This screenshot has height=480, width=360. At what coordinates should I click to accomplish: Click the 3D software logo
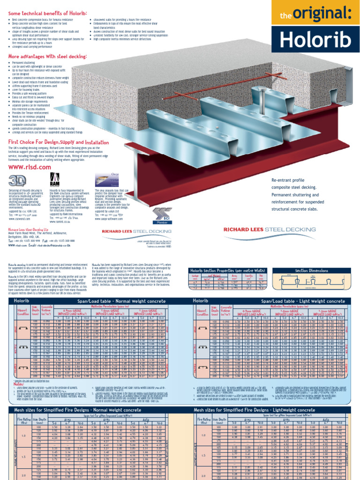pos(16,180)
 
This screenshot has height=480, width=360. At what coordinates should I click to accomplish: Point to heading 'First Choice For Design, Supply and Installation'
pos(59,141)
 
